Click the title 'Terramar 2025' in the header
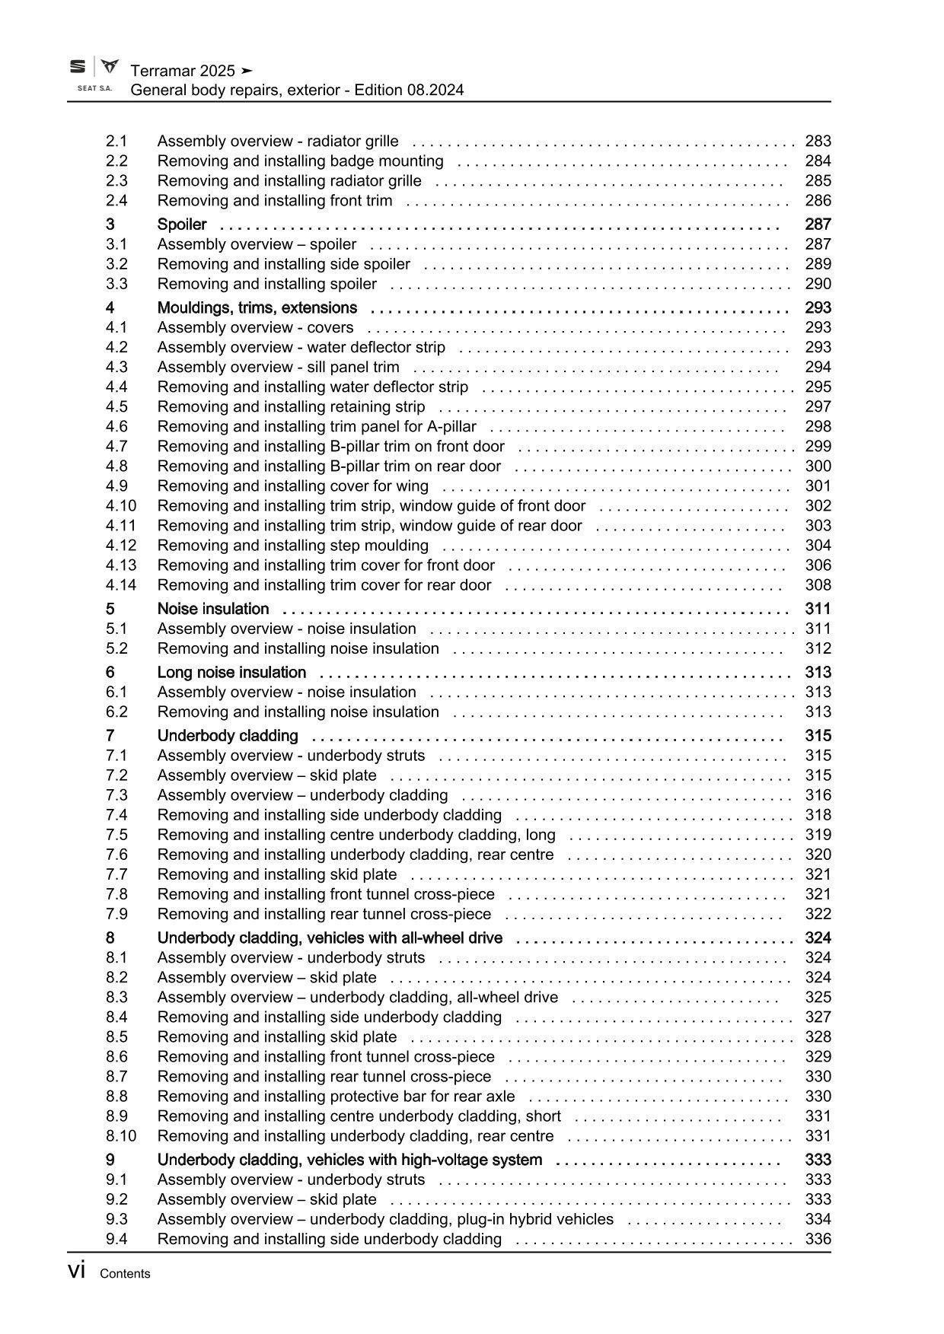click(x=183, y=71)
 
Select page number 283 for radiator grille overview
click(x=818, y=141)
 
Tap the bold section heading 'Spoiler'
click(x=182, y=224)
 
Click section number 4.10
click(x=121, y=506)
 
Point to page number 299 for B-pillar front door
click(x=818, y=447)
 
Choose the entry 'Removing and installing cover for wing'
click(x=292, y=486)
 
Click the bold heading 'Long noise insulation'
click(x=231, y=673)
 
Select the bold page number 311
click(x=818, y=609)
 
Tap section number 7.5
click(x=116, y=835)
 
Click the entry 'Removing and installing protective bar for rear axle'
click(x=336, y=1097)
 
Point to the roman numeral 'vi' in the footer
click(x=76, y=1272)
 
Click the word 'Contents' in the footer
click(x=125, y=1274)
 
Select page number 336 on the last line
click(x=818, y=1239)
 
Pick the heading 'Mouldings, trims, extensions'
click(x=257, y=308)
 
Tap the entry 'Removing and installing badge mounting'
click(x=300, y=161)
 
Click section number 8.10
click(x=121, y=1136)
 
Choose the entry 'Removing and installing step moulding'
click(x=292, y=546)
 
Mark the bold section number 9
click(x=110, y=1160)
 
